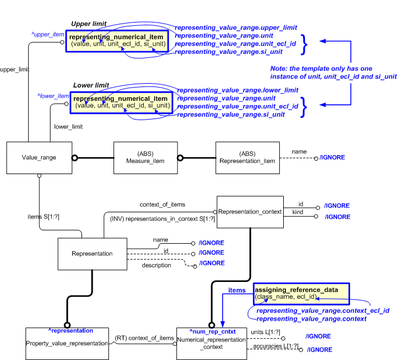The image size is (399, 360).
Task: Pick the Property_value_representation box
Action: coord(67,343)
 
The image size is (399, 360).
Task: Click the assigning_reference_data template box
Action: coord(301,293)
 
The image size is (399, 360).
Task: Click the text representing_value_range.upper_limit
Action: coord(235,27)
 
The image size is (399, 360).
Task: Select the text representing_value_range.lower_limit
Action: coord(237,90)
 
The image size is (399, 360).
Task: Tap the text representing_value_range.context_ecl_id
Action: coord(323,310)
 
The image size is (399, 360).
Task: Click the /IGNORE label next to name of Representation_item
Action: coord(332,158)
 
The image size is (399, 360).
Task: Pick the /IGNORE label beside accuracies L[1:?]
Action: coord(318,349)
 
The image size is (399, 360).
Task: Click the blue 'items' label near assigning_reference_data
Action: coord(236,290)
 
